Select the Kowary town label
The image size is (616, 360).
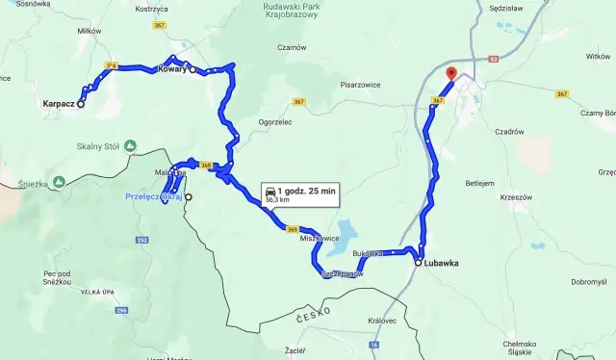click(x=170, y=69)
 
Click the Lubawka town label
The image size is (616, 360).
click(x=445, y=262)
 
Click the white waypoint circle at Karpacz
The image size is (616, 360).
click(x=81, y=104)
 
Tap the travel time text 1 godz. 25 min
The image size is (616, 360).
click(x=308, y=192)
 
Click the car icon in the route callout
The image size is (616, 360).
click(x=270, y=192)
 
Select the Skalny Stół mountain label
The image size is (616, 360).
click(x=96, y=146)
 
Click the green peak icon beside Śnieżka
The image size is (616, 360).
click(x=60, y=181)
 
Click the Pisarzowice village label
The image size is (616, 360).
click(x=353, y=85)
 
